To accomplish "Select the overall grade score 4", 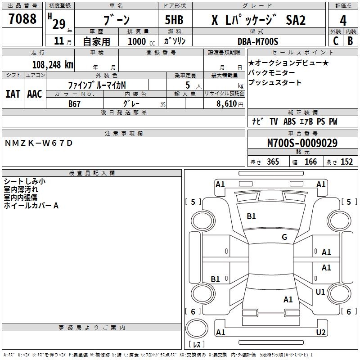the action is pyautogui.click(x=343, y=21).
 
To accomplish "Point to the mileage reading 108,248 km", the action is pyautogui.click(x=53, y=64).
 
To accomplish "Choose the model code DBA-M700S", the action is pyautogui.click(x=258, y=41).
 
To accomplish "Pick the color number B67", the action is pyautogui.click(x=75, y=103).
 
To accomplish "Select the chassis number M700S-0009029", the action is pyautogui.click(x=302, y=144).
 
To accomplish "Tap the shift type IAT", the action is pyautogui.click(x=13, y=94).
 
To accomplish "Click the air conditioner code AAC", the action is pyautogui.click(x=35, y=94).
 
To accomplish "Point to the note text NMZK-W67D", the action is pyautogui.click(x=38, y=143).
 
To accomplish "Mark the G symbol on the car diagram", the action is pyautogui.click(x=284, y=237).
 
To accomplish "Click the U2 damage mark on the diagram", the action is pyautogui.click(x=321, y=333).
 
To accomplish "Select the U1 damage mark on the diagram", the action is pyautogui.click(x=320, y=292).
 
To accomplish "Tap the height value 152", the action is pyautogui.click(x=346, y=162).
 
